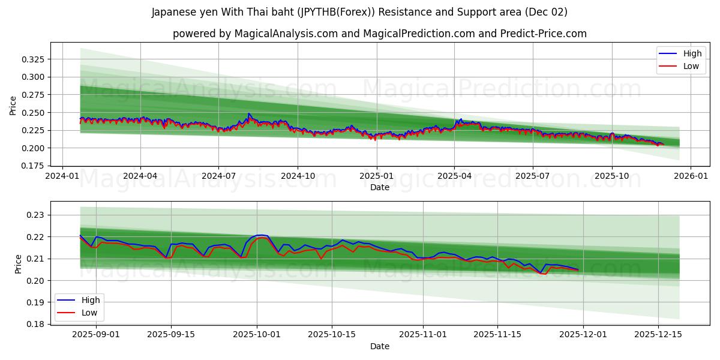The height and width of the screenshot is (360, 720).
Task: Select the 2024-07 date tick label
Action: point(218,176)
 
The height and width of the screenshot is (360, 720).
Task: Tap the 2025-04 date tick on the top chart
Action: point(454,176)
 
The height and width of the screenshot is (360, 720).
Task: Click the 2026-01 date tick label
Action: point(691,176)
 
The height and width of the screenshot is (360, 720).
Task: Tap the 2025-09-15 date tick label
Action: point(171,334)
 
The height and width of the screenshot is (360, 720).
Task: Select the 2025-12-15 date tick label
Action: point(658,334)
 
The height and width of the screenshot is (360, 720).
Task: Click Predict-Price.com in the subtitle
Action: point(547,34)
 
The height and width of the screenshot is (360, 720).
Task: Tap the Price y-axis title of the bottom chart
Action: point(18,264)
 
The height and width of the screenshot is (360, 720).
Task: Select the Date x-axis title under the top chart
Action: point(379,187)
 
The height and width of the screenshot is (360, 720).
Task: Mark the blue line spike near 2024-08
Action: point(249,114)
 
